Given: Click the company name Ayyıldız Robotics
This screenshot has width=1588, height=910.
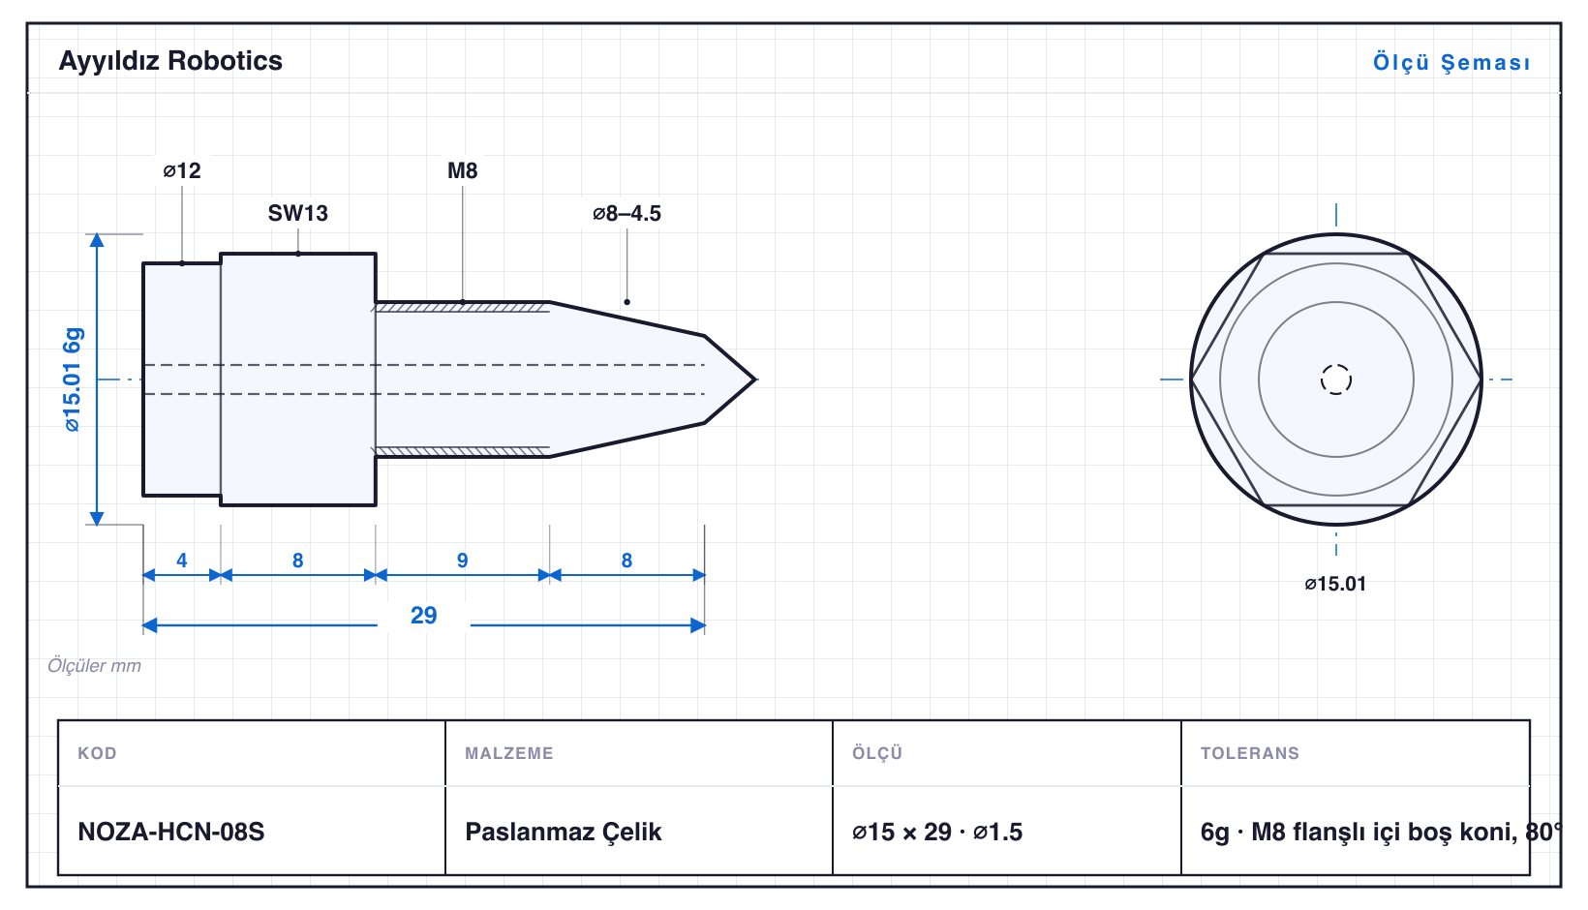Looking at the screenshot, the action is (x=170, y=62).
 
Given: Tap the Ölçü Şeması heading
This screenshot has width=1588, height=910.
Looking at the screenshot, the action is (x=1451, y=62).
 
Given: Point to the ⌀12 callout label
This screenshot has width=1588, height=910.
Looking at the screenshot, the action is (x=182, y=170).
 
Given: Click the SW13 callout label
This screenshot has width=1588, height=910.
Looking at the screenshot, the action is (x=298, y=213).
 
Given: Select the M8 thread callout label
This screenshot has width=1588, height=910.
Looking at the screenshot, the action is (x=462, y=170).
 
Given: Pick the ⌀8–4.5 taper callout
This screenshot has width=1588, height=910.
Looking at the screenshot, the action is (x=626, y=213).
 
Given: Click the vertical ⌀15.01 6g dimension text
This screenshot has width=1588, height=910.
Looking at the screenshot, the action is (x=73, y=379).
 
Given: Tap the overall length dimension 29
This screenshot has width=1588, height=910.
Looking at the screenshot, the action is (x=423, y=615).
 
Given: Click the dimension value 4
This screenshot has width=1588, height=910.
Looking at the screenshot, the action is (x=181, y=561).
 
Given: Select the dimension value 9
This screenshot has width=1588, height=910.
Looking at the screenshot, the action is (x=462, y=561).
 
